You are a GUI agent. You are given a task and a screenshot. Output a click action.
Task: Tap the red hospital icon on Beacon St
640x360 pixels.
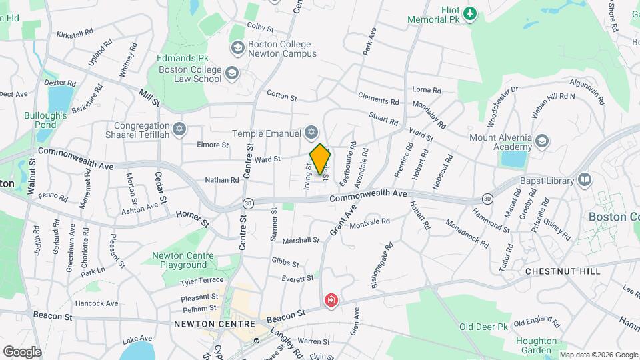pos(331,301)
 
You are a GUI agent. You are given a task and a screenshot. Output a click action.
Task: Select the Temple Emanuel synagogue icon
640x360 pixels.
pos(311,132)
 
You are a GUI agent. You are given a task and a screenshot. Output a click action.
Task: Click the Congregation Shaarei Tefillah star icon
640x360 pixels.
pos(178,129)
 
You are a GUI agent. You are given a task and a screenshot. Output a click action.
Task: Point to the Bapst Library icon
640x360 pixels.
pos(585,180)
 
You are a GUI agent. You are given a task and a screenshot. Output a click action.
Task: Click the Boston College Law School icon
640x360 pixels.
pos(231,73)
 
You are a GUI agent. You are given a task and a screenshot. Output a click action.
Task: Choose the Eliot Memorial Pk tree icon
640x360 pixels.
pos(470,13)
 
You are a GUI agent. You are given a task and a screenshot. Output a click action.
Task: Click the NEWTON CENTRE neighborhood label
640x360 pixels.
pos(205,324)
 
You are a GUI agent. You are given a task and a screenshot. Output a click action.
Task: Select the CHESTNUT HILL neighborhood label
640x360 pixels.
pos(563,271)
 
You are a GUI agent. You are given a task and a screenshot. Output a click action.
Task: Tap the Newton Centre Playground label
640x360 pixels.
pos(183,260)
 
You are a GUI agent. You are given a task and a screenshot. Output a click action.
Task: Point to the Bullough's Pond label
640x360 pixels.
pos(45,120)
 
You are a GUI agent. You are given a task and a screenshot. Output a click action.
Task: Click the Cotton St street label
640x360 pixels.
pos(281,96)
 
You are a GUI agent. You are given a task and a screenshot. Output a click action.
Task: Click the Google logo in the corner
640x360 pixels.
pos(22,351)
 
